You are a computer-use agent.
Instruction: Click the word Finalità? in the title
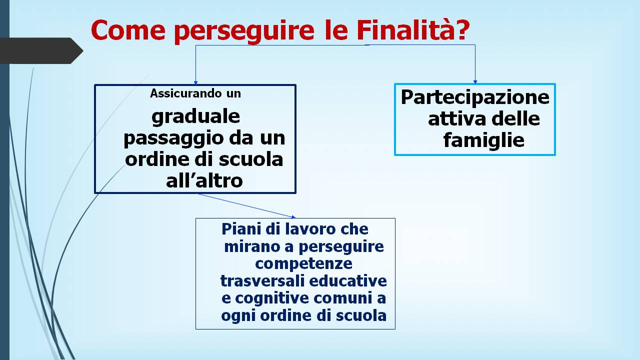(413, 30)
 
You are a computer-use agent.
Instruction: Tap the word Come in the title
(128, 30)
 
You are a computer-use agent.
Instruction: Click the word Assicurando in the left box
(185, 93)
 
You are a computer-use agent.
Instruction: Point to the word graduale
(195, 116)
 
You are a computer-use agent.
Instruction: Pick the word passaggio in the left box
(173, 138)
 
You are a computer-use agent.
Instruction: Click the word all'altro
(204, 180)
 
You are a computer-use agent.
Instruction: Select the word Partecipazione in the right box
(475, 97)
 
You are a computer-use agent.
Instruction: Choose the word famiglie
(483, 140)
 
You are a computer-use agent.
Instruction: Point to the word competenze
(303, 263)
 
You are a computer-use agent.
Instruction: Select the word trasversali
(262, 281)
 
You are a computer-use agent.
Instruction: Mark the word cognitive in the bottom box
(272, 298)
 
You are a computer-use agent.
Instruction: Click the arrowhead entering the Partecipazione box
(475, 82)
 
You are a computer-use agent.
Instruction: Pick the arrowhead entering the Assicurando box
(195, 83)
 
